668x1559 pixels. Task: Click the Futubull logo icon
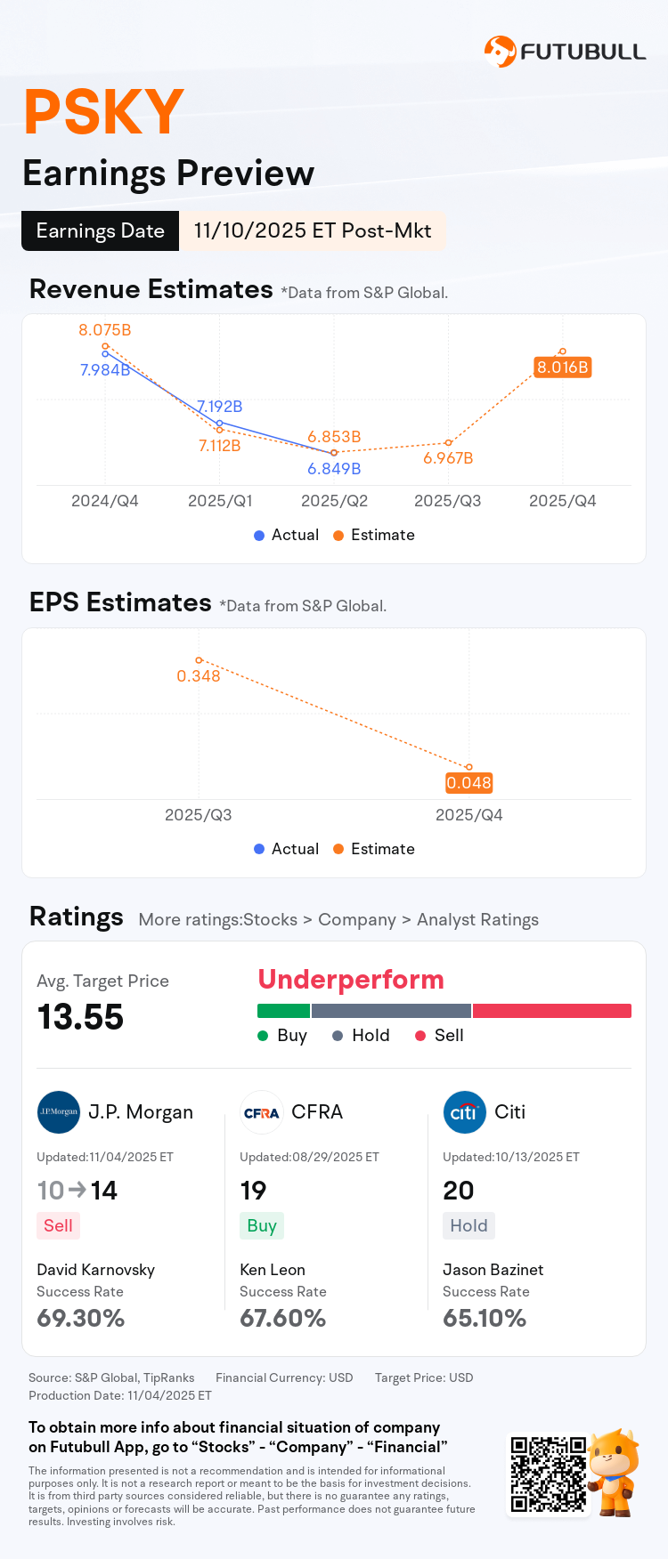coord(500,52)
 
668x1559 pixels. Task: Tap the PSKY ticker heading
coord(103,113)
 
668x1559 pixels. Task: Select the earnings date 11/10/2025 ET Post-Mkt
coord(312,231)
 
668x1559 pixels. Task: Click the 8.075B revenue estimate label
coord(104,330)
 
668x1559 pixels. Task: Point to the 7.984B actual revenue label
coord(104,370)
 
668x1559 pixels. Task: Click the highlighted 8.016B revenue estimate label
coord(562,368)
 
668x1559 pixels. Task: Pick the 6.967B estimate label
coord(448,458)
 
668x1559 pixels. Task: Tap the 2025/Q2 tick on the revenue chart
coord(334,501)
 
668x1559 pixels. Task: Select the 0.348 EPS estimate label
coord(198,676)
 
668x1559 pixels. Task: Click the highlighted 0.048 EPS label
coord(468,783)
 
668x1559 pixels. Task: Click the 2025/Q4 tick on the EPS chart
coord(468,815)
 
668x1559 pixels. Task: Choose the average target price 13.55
coord(80,1017)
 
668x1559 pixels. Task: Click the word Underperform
coord(351,980)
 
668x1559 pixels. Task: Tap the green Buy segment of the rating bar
coord(283,1011)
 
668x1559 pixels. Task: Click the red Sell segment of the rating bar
coord(551,1011)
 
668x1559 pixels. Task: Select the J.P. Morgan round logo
coord(59,1112)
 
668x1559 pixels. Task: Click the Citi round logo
coord(464,1112)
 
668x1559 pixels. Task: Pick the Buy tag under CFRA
coord(262,1226)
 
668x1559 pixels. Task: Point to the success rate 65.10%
coord(485,1318)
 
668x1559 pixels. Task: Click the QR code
coord(548,1474)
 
